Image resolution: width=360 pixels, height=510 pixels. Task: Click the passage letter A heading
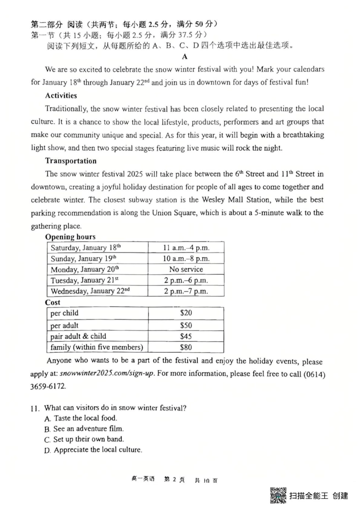(x=185, y=57)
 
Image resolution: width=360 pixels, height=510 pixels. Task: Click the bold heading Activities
(x=61, y=96)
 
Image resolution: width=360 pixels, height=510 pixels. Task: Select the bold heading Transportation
(x=71, y=161)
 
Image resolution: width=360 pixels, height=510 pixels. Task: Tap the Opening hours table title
(x=70, y=237)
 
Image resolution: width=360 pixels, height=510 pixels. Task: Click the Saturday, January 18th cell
(x=86, y=248)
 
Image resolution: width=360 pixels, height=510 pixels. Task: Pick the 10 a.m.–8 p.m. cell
(x=186, y=259)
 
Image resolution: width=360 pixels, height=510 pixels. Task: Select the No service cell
(x=186, y=269)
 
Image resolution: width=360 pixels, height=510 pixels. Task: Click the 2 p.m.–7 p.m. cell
(x=186, y=291)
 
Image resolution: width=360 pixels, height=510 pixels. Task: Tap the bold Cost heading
(x=53, y=302)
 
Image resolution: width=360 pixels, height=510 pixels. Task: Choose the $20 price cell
(x=186, y=313)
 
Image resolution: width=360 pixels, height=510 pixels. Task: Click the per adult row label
(x=64, y=325)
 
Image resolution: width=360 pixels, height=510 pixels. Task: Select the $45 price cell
(x=186, y=336)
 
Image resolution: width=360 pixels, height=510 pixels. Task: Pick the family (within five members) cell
(x=97, y=347)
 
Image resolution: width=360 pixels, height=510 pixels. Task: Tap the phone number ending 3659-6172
(x=48, y=386)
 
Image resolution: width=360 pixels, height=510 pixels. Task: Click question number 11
(x=35, y=408)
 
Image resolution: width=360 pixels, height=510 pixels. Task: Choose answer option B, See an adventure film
(x=84, y=429)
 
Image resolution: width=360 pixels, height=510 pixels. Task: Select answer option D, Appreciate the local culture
(x=93, y=450)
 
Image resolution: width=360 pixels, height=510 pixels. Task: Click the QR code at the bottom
(x=278, y=495)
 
